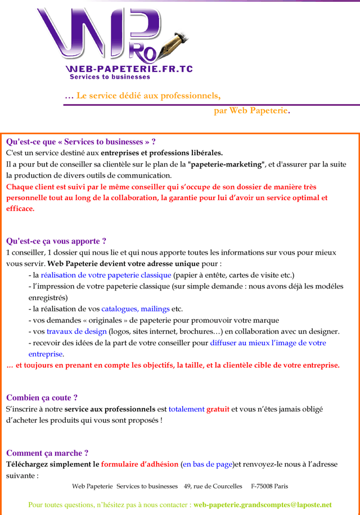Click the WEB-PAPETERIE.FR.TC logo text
129,69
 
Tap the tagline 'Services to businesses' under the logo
110,77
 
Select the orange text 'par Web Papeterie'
251,110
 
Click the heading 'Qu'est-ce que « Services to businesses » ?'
81,142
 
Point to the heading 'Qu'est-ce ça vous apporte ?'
56,241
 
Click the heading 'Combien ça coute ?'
42,397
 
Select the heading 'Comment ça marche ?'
47,453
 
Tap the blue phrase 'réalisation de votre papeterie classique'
106,275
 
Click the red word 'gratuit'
218,409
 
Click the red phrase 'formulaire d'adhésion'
139,464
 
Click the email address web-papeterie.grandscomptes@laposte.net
262,505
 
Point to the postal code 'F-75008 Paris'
269,486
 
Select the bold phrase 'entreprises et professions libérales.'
162,153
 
